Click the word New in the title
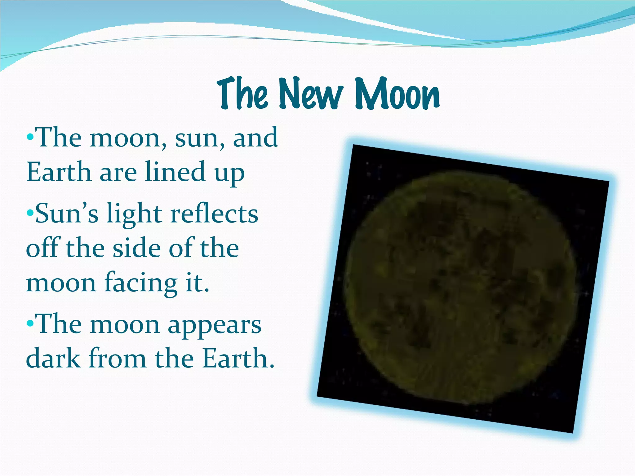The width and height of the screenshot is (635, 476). [311, 94]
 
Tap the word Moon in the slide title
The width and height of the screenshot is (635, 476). [397, 94]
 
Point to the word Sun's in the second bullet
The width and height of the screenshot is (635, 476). [67, 214]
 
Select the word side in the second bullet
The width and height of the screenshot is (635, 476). [137, 248]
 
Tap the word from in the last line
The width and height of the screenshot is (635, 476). [118, 358]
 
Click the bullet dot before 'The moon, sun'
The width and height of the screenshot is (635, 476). [30, 137]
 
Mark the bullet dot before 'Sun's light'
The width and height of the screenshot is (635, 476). [30, 213]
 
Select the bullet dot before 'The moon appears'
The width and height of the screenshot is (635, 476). [30, 324]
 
